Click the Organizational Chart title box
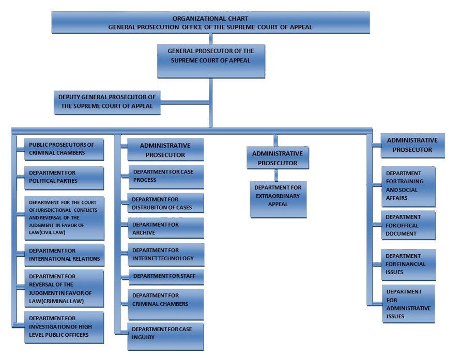pos(210,22)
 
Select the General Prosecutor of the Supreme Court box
pos(210,60)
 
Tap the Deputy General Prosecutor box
pos(107,102)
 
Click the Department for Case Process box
pos(166,176)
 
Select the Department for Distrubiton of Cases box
pos(166,204)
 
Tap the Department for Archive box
pos(166,228)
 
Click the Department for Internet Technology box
pos(166,255)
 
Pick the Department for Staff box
pos(166,276)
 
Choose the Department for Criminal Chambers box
pos(166,303)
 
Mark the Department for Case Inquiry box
pos(166,336)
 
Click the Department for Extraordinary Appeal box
pos(278,199)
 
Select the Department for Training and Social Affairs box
pos(408,186)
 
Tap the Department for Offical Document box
pos(408,225)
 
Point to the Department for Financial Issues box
pos(408,264)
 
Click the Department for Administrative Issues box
pos(408,303)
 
